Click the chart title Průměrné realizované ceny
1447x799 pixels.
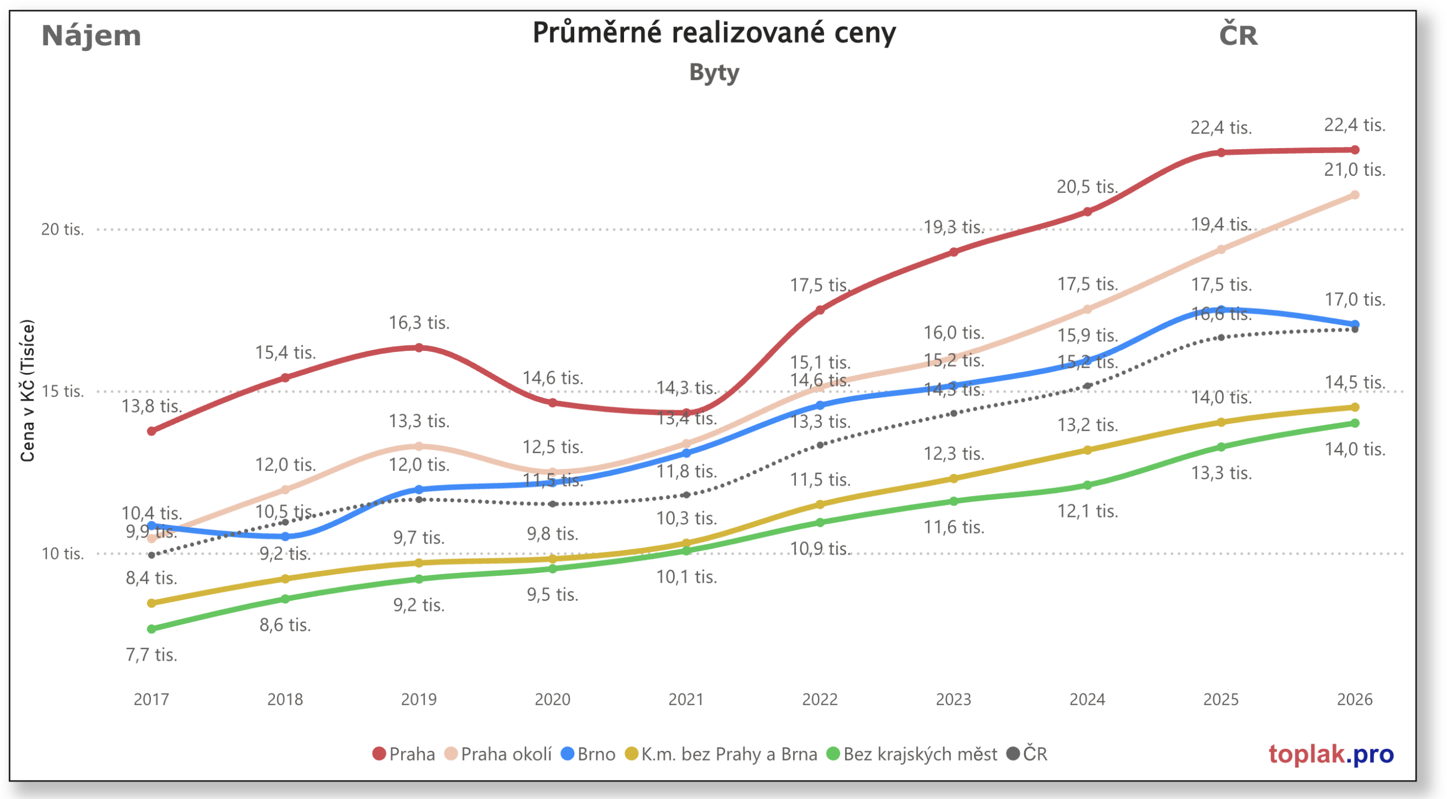click(713, 33)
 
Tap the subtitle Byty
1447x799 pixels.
click(713, 73)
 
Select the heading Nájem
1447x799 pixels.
click(91, 36)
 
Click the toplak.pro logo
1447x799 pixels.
click(1330, 754)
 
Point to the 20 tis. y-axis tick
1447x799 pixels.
click(62, 229)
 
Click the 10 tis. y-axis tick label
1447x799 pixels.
click(62, 554)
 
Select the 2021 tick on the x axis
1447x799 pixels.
click(686, 700)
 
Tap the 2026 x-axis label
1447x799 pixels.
click(1354, 700)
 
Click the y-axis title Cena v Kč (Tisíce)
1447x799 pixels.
click(27, 391)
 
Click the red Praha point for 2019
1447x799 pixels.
click(419, 348)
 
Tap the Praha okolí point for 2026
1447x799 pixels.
click(1354, 195)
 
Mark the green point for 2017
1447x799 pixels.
click(151, 629)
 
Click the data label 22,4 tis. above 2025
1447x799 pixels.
click(1220, 128)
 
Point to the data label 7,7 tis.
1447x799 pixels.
click(151, 655)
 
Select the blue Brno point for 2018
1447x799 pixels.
click(285, 536)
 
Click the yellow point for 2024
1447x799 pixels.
click(1087, 450)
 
